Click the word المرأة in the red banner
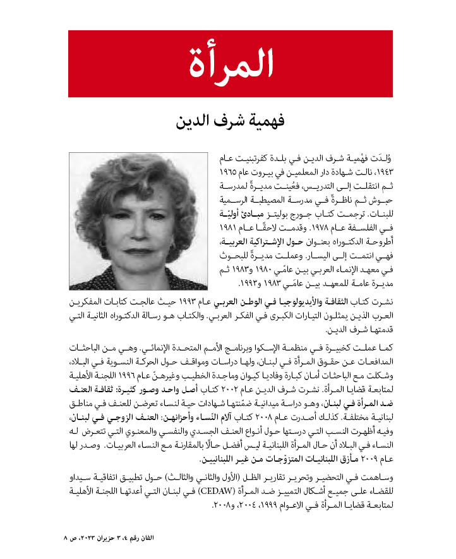pyautogui.click(x=231, y=61)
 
